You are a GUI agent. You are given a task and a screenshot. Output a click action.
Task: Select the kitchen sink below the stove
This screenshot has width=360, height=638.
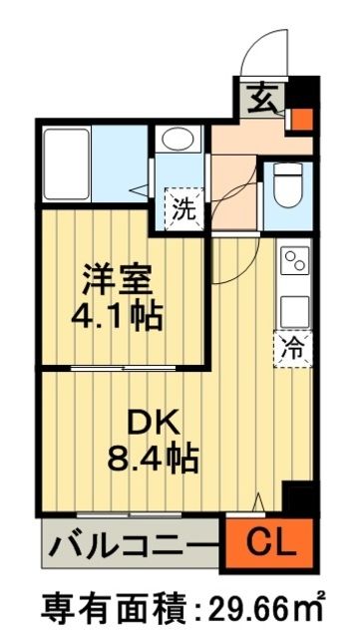click(296, 308)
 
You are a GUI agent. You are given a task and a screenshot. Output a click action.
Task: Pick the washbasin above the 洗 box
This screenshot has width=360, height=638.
click(180, 142)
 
